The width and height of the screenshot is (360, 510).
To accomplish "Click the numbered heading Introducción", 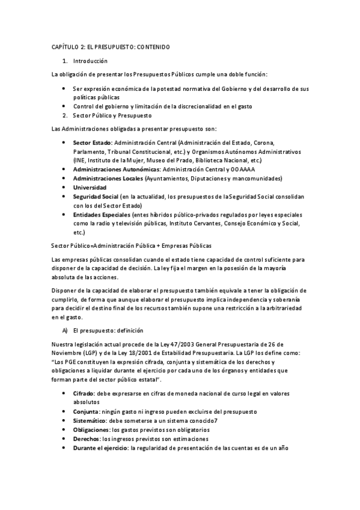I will (x=90, y=61).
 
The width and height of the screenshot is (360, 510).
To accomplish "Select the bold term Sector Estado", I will (x=91, y=144).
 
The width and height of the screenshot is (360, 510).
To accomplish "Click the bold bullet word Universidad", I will (x=90, y=188).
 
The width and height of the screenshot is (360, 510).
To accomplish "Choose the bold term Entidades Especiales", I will (x=100, y=215).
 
